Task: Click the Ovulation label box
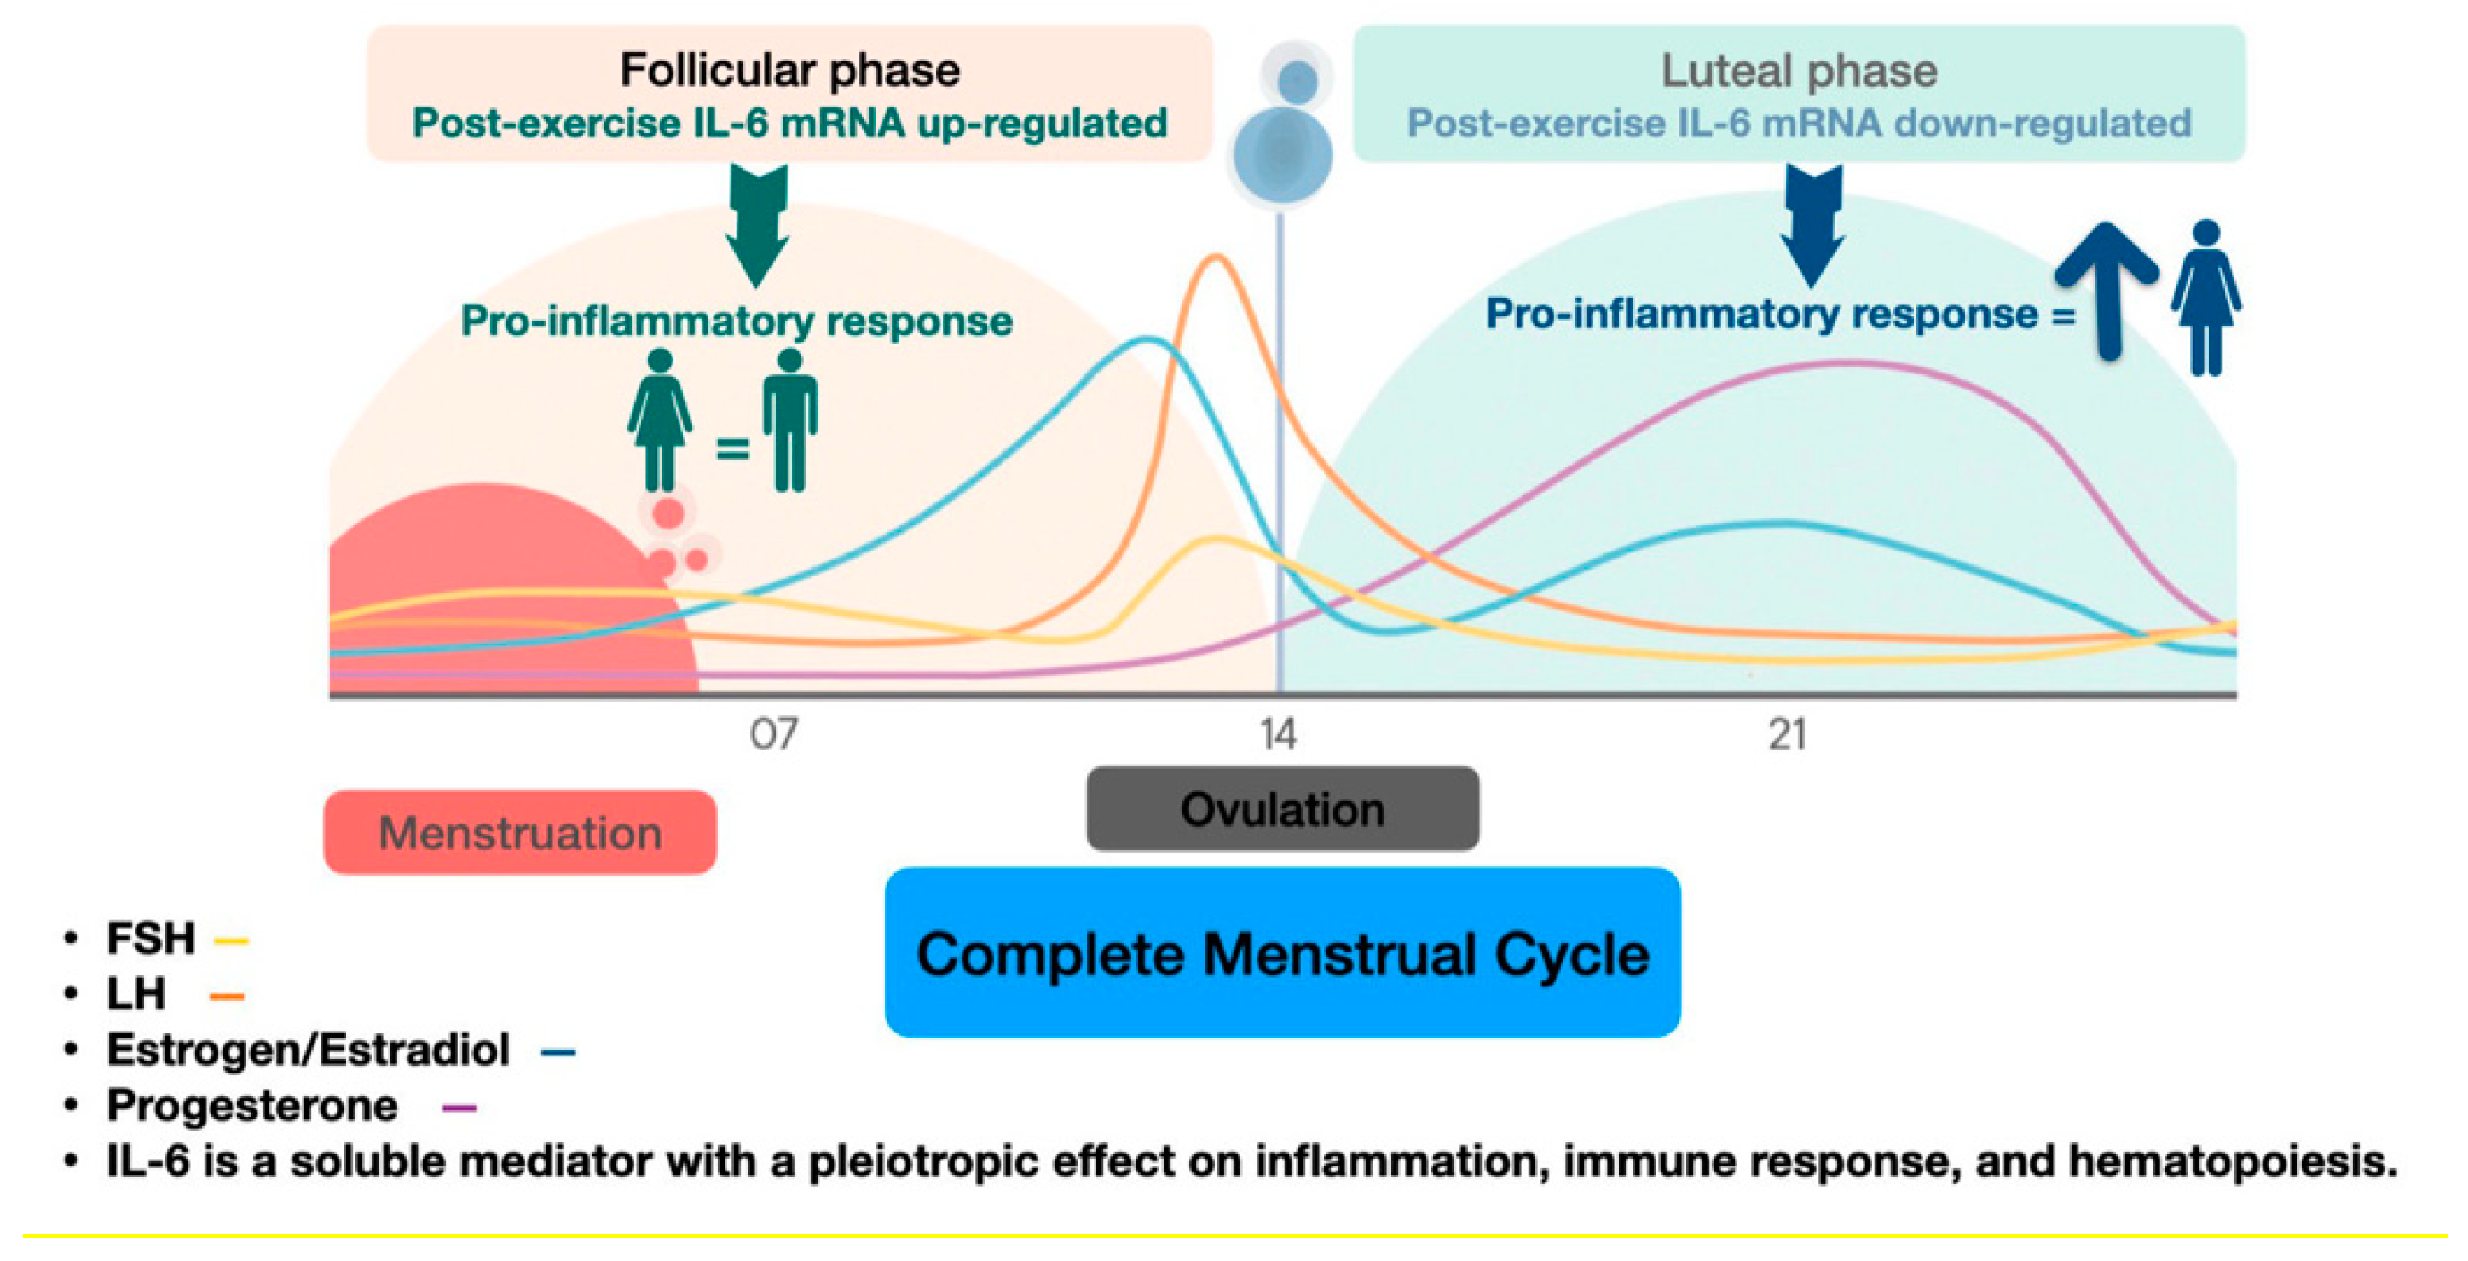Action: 1282,809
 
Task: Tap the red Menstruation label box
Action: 519,832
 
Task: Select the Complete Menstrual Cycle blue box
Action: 1282,952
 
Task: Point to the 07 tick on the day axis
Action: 773,735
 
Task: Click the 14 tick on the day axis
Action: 1278,735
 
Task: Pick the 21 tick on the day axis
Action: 1787,735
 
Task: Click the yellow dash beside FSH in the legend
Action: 231,941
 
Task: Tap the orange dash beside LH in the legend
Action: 226,997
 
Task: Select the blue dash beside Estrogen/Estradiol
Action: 558,1052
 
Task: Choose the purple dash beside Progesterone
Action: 459,1108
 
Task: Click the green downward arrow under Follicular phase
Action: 757,225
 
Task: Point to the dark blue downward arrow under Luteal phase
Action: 1812,225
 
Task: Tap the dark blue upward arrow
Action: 2107,287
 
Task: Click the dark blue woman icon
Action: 2205,297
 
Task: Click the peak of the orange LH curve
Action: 1216,256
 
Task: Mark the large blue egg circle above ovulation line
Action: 1282,155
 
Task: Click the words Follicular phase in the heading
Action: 789,70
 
